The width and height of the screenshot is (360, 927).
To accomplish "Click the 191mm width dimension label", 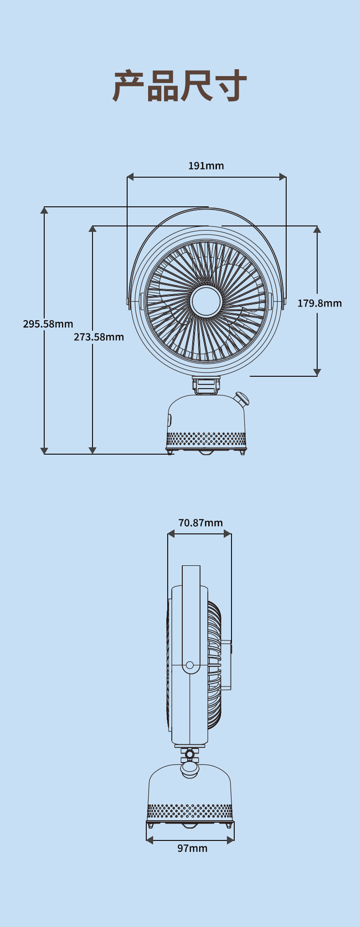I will [206, 165].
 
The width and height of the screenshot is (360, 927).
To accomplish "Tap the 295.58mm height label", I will [48, 324].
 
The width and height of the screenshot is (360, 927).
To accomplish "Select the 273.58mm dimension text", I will [99, 337].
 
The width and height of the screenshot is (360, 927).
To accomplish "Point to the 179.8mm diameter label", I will [319, 303].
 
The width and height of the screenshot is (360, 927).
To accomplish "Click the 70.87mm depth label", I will [201, 522].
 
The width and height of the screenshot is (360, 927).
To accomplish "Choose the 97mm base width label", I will [192, 848].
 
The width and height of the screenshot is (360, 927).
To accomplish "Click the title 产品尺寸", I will [180, 86].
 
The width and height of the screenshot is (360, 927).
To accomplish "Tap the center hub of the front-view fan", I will [206, 301].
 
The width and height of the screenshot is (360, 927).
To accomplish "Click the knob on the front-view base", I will [242, 399].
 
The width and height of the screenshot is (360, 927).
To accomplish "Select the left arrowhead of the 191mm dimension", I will [130, 177].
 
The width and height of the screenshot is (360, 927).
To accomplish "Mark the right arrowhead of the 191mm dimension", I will [283, 177].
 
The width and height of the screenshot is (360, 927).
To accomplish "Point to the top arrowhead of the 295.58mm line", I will [44, 210].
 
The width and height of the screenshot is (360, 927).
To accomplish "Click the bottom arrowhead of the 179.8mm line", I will [317, 372].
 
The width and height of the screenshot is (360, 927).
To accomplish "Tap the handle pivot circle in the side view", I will [190, 665].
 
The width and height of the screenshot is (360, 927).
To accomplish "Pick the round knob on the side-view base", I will [190, 769].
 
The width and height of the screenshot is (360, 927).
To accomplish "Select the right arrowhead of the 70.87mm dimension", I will [227, 534].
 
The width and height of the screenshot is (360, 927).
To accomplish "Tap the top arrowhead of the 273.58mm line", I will [93, 229].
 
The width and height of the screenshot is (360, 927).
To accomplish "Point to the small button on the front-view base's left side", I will [170, 420].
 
